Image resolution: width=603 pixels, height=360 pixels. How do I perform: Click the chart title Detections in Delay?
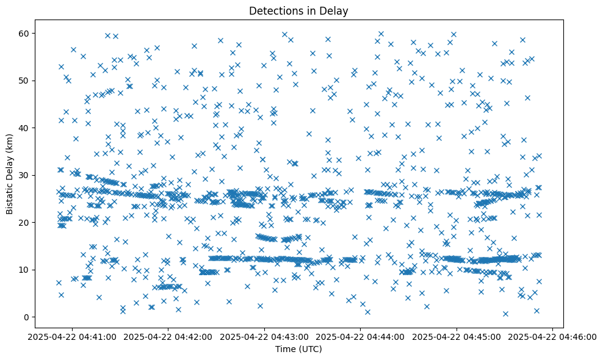(298, 10)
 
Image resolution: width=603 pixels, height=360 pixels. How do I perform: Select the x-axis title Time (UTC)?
(298, 349)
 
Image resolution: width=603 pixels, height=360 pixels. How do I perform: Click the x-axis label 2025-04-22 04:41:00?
(72, 336)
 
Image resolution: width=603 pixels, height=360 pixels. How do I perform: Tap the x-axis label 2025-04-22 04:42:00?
(168, 336)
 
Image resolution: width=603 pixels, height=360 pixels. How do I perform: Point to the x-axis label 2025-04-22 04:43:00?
(264, 336)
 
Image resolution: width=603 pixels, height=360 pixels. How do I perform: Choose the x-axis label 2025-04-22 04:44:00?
(360, 336)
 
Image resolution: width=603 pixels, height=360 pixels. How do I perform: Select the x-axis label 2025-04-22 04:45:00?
(457, 336)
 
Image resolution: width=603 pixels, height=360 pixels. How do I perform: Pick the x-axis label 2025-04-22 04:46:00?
(552, 336)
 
